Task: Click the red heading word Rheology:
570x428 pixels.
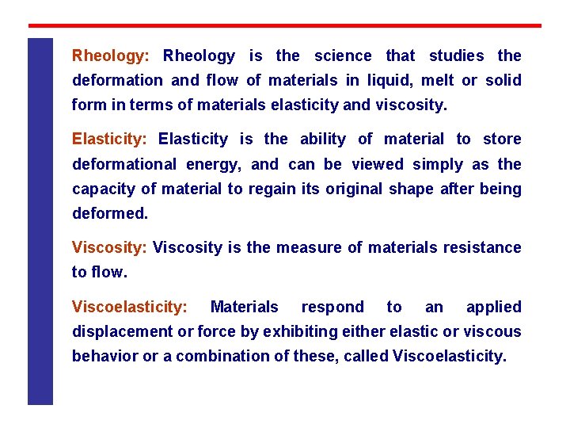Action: click(110, 56)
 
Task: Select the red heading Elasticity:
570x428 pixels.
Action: click(109, 139)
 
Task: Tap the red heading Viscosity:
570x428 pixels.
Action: click(109, 248)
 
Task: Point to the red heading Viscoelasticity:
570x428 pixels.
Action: click(130, 308)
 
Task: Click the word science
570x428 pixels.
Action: click(342, 56)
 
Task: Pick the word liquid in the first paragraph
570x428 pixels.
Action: click(394, 81)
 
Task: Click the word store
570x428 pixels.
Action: click(502, 139)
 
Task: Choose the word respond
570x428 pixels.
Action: click(332, 308)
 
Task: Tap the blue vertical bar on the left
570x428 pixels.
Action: click(40, 222)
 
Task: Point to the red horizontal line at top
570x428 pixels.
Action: click(285, 25)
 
